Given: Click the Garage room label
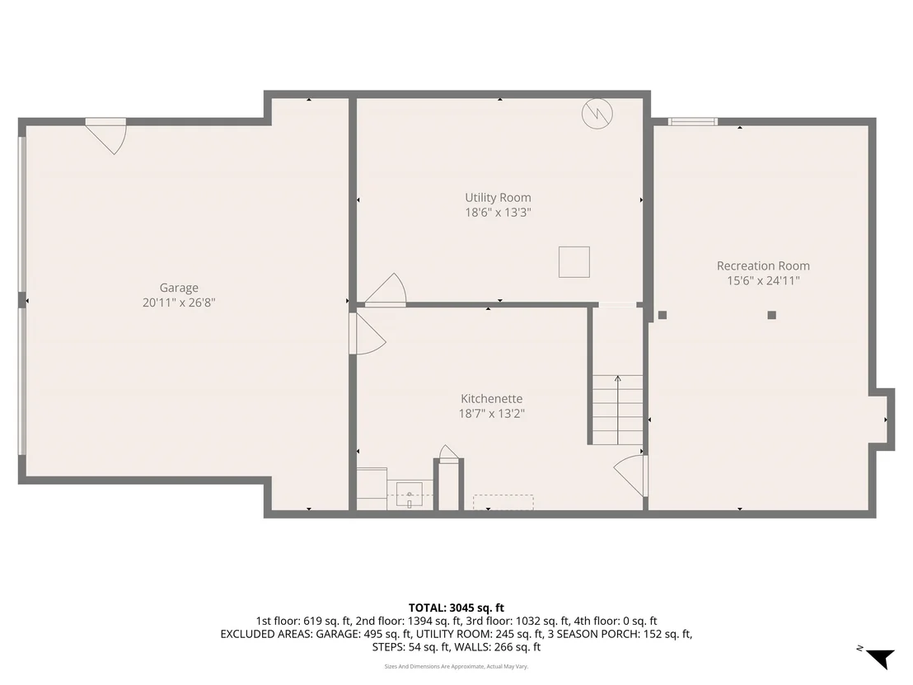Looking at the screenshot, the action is [x=179, y=288].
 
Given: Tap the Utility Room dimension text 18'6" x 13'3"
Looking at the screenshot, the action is [x=498, y=213].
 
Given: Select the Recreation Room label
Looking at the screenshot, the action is [x=763, y=265].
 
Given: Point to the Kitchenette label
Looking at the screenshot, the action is [x=491, y=399].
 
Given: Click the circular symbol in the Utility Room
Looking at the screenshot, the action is [x=597, y=113].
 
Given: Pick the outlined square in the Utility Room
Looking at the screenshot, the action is [x=574, y=262].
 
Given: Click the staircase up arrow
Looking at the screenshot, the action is [x=618, y=410].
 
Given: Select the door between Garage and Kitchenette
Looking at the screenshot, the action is [x=367, y=334].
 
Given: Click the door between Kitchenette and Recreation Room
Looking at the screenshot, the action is [x=632, y=476].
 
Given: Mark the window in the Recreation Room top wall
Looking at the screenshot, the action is [x=693, y=122].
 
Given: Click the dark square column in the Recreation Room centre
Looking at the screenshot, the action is [x=771, y=315].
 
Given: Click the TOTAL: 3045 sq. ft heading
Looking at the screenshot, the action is [x=457, y=608].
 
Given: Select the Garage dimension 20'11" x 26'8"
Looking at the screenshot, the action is [x=179, y=303].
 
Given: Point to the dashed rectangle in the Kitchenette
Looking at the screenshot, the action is [x=503, y=502].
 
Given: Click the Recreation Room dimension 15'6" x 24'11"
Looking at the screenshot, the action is [x=763, y=281].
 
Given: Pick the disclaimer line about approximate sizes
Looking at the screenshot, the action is [x=457, y=666].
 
